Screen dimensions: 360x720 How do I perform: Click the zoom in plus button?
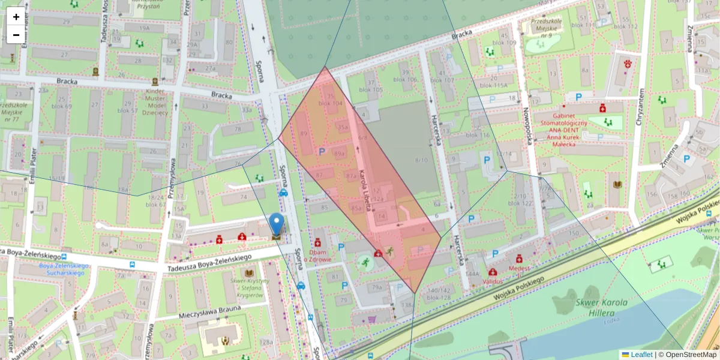tap(16, 17)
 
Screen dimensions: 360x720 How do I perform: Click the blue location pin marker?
tap(276, 224)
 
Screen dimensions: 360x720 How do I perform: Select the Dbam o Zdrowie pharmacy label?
tap(317, 256)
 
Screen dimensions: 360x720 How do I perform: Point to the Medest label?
tap(519, 269)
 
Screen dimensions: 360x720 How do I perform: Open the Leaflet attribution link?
tap(641, 355)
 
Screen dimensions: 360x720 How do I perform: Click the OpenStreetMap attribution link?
tap(690, 355)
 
